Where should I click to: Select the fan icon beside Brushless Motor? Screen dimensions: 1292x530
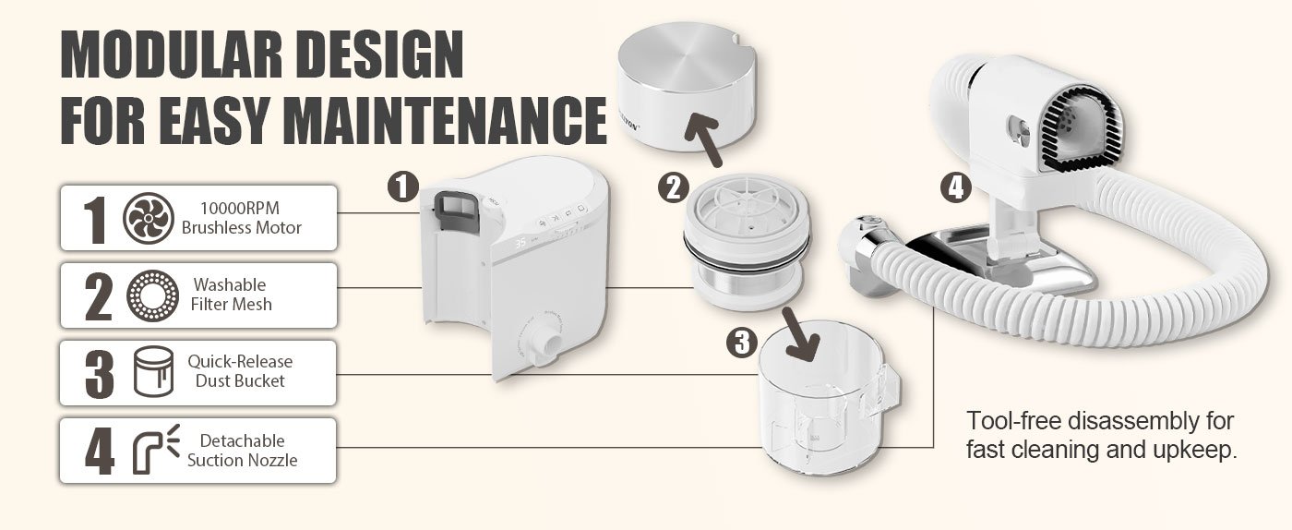coord(149,218)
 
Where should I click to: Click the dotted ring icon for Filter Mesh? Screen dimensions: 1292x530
coord(152,295)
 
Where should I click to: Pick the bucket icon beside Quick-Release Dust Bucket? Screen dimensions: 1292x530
coord(153,371)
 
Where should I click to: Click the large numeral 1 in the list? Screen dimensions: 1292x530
coord(94,220)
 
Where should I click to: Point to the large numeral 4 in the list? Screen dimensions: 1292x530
coord(100,450)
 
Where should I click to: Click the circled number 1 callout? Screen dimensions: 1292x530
coord(402,186)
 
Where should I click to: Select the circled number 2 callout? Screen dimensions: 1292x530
coord(674,187)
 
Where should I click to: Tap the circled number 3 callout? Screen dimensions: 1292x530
coord(742,342)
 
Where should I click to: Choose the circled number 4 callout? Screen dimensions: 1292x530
coord(956,188)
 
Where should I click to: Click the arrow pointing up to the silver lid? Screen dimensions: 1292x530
coord(703,139)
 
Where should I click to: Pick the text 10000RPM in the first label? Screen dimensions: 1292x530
coord(239,208)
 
